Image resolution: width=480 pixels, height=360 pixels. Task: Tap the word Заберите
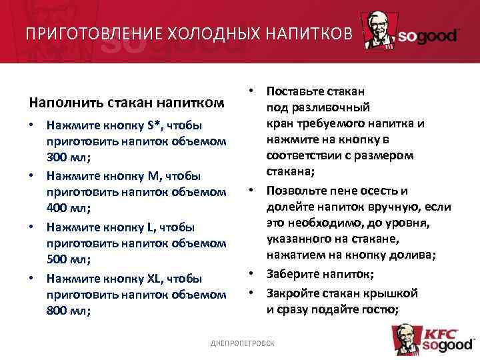(x=292, y=274)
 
